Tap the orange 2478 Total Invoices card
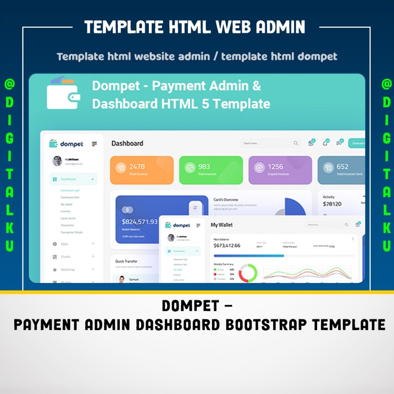pyautogui.click(x=142, y=170)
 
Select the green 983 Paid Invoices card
pyautogui.click(x=211, y=170)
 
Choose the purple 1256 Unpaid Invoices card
pyautogui.click(x=280, y=170)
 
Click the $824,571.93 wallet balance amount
pyautogui.click(x=140, y=222)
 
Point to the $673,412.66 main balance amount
pyautogui.click(x=227, y=245)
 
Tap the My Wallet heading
pyautogui.click(x=222, y=225)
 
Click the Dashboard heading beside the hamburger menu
pyautogui.click(x=127, y=144)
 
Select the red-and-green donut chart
pyautogui.click(x=248, y=273)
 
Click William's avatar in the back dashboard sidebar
pyautogui.click(x=57, y=161)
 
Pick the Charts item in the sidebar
pyautogui.click(x=65, y=257)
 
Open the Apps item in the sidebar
pyautogui.click(x=64, y=244)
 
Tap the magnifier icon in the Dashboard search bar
pyautogui.click(x=296, y=143)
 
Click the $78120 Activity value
pyautogui.click(x=332, y=204)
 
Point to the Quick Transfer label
pyautogui.click(x=126, y=261)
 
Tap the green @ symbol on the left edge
pyautogui.click(x=9, y=84)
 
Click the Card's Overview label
pyautogui.click(x=226, y=200)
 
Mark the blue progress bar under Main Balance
pyautogui.click(x=249, y=256)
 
